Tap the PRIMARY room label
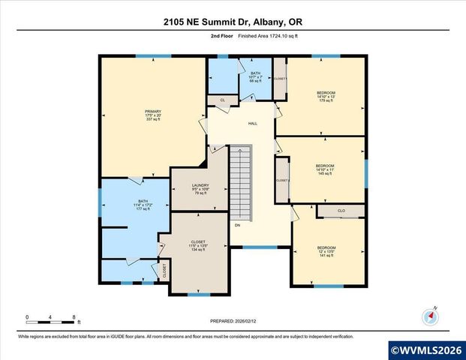tap(153, 115)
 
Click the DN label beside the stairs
tap(237, 225)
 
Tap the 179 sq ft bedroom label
tap(326, 97)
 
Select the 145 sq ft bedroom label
tap(324, 169)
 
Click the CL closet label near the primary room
tap(222, 99)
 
